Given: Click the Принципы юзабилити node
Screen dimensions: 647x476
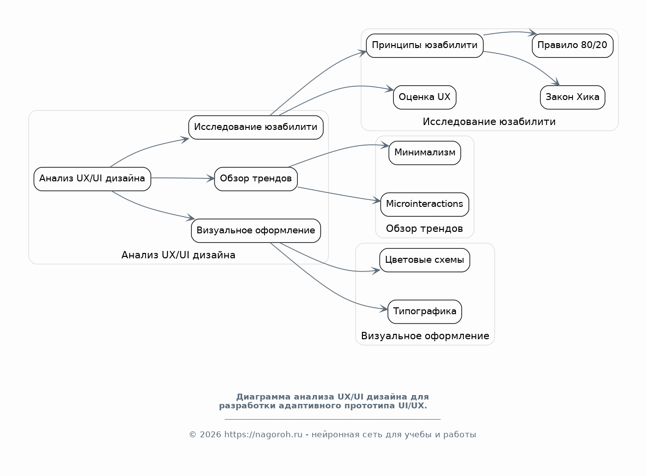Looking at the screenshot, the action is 425,46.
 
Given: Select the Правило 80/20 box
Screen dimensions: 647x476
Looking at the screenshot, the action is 573,46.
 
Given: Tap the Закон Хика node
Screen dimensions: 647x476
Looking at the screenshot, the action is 573,98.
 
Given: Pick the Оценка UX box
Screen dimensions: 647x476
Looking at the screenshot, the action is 425,98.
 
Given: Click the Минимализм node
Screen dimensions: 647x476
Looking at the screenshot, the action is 425,153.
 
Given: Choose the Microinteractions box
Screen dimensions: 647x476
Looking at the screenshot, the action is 425,204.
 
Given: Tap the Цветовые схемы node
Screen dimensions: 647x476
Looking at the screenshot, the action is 425,260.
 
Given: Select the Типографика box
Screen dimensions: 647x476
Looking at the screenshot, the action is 425,312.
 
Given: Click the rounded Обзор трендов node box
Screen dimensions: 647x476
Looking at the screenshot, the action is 256,179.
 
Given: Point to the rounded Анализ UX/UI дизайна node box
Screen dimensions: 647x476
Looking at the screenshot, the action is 92,179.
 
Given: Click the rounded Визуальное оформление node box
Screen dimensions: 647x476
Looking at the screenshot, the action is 256,230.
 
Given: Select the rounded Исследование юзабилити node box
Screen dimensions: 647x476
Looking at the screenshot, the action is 256,127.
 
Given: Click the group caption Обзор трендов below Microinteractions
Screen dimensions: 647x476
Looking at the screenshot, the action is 425,228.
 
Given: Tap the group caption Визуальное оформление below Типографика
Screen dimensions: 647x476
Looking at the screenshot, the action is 425,336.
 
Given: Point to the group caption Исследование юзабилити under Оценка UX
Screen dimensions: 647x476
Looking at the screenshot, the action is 489,122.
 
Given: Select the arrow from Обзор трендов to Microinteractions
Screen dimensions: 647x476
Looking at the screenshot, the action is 339,194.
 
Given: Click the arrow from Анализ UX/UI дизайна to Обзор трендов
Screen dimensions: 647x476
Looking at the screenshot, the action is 183,178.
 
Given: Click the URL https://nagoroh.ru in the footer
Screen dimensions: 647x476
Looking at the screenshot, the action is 263,435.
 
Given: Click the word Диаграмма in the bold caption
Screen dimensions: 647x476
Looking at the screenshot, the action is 263,397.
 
